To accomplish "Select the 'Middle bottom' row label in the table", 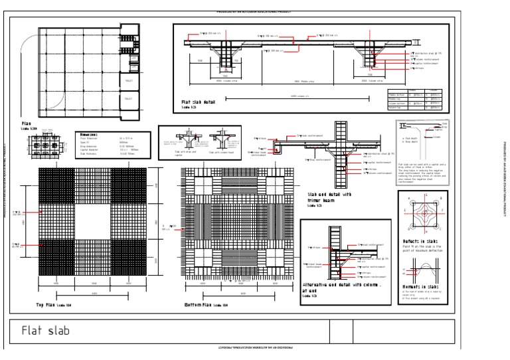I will coord(396,94).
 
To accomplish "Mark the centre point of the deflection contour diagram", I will coord(424,213).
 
